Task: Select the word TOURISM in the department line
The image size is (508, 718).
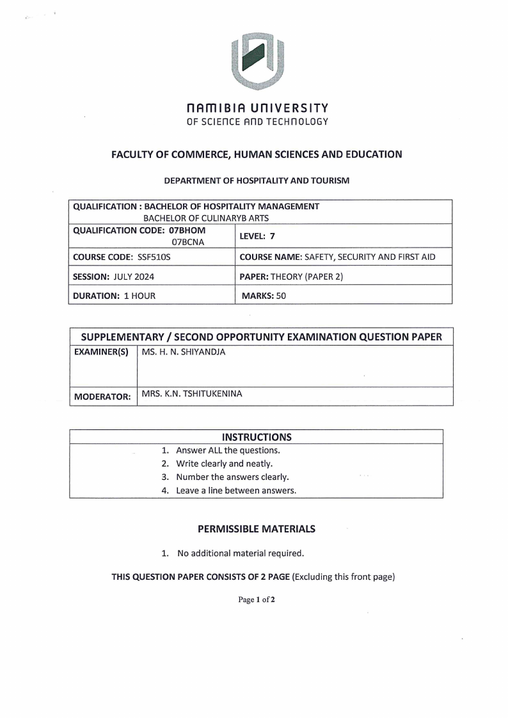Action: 328,181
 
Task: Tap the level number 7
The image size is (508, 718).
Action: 272,236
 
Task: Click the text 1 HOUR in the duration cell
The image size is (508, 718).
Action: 139,296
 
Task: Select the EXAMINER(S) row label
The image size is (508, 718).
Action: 102,352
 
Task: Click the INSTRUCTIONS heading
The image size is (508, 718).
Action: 256,437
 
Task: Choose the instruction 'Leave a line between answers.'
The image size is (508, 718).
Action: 236,490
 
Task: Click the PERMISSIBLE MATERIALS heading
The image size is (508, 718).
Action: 256,529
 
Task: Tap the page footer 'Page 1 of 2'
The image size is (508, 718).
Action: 256,600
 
